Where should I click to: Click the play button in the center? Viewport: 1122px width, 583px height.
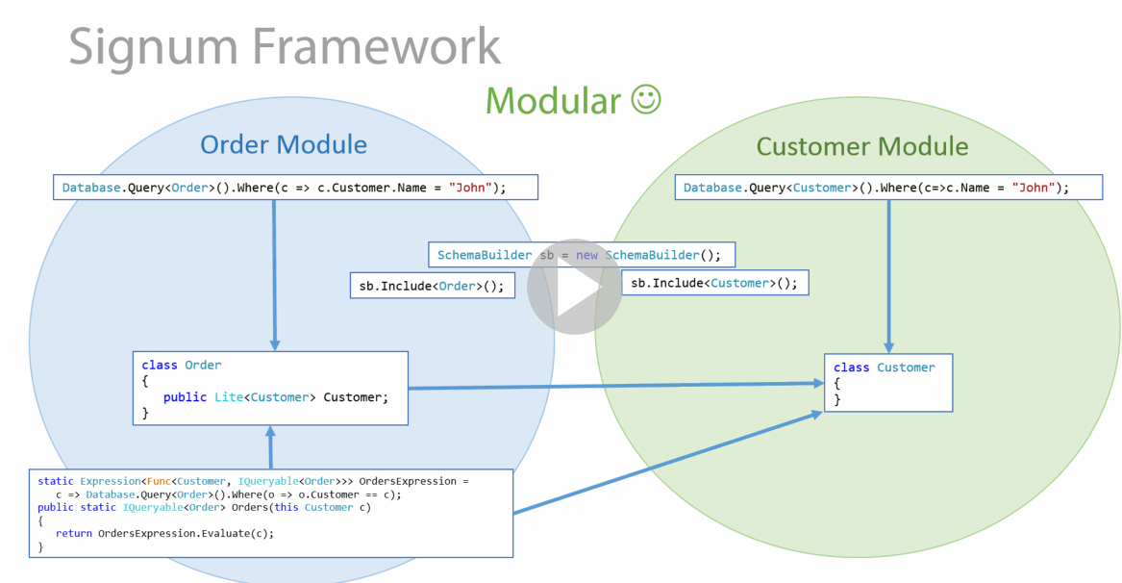point(574,287)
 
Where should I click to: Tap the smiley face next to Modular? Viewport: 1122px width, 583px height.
point(646,99)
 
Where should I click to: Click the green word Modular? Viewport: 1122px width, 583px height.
point(553,100)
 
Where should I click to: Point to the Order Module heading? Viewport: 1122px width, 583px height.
point(284,144)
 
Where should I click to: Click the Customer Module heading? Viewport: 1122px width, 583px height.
point(861,146)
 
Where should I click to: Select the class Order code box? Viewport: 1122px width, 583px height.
point(270,389)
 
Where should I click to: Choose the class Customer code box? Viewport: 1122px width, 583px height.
point(888,383)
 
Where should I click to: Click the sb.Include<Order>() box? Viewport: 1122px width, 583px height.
point(432,286)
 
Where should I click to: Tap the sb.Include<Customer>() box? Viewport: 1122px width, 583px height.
point(715,283)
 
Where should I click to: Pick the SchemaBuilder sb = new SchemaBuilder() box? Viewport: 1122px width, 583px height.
point(581,255)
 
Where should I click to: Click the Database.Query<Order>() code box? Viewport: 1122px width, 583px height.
point(295,188)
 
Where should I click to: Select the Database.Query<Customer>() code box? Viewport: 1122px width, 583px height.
point(888,188)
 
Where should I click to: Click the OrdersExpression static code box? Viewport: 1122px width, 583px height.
point(270,513)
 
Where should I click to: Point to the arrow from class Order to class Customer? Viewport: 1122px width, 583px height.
point(615,386)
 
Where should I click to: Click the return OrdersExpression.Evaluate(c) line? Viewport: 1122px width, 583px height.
point(164,533)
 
